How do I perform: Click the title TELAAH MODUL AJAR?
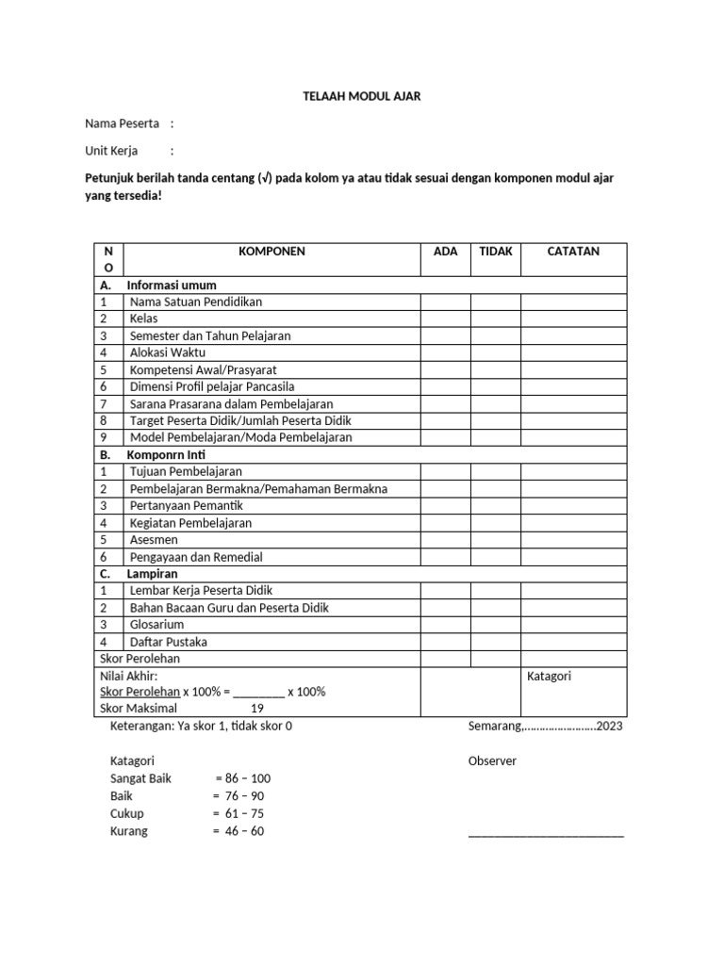(x=361, y=96)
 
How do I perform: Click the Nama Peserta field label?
(x=122, y=123)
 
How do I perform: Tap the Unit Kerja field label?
(x=111, y=150)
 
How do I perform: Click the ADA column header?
(x=445, y=252)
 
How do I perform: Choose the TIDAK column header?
(x=496, y=252)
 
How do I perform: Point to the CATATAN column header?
(x=573, y=252)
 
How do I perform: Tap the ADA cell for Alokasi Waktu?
(x=445, y=352)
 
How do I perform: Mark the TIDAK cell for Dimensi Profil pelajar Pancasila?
(x=496, y=386)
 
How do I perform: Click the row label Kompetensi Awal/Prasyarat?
(x=203, y=369)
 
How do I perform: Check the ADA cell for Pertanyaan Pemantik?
(x=445, y=505)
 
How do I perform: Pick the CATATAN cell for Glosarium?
(x=573, y=624)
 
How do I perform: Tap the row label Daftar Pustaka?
(x=168, y=642)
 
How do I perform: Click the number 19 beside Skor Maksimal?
(x=256, y=708)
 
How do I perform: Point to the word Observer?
(x=492, y=761)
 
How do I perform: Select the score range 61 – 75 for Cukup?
(x=244, y=813)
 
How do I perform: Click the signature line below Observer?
(x=546, y=833)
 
